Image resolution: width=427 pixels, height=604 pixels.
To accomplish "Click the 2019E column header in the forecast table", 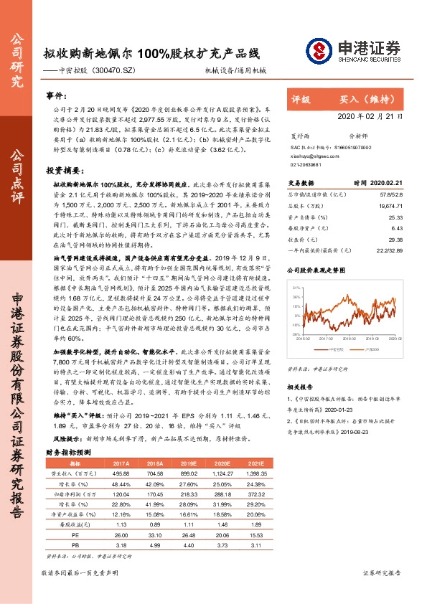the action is tap(189, 464).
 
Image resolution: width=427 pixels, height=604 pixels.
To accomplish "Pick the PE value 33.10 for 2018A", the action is tap(156, 534).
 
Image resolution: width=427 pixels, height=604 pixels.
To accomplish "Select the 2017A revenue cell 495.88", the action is tap(121, 474).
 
